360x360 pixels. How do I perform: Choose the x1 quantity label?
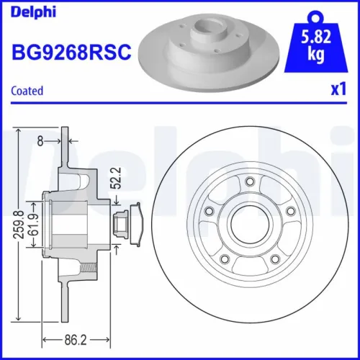[336, 91]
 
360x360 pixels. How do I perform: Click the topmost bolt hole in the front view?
[249, 182]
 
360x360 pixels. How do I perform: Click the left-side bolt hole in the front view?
[209, 211]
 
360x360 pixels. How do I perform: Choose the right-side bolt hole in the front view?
[289, 211]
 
